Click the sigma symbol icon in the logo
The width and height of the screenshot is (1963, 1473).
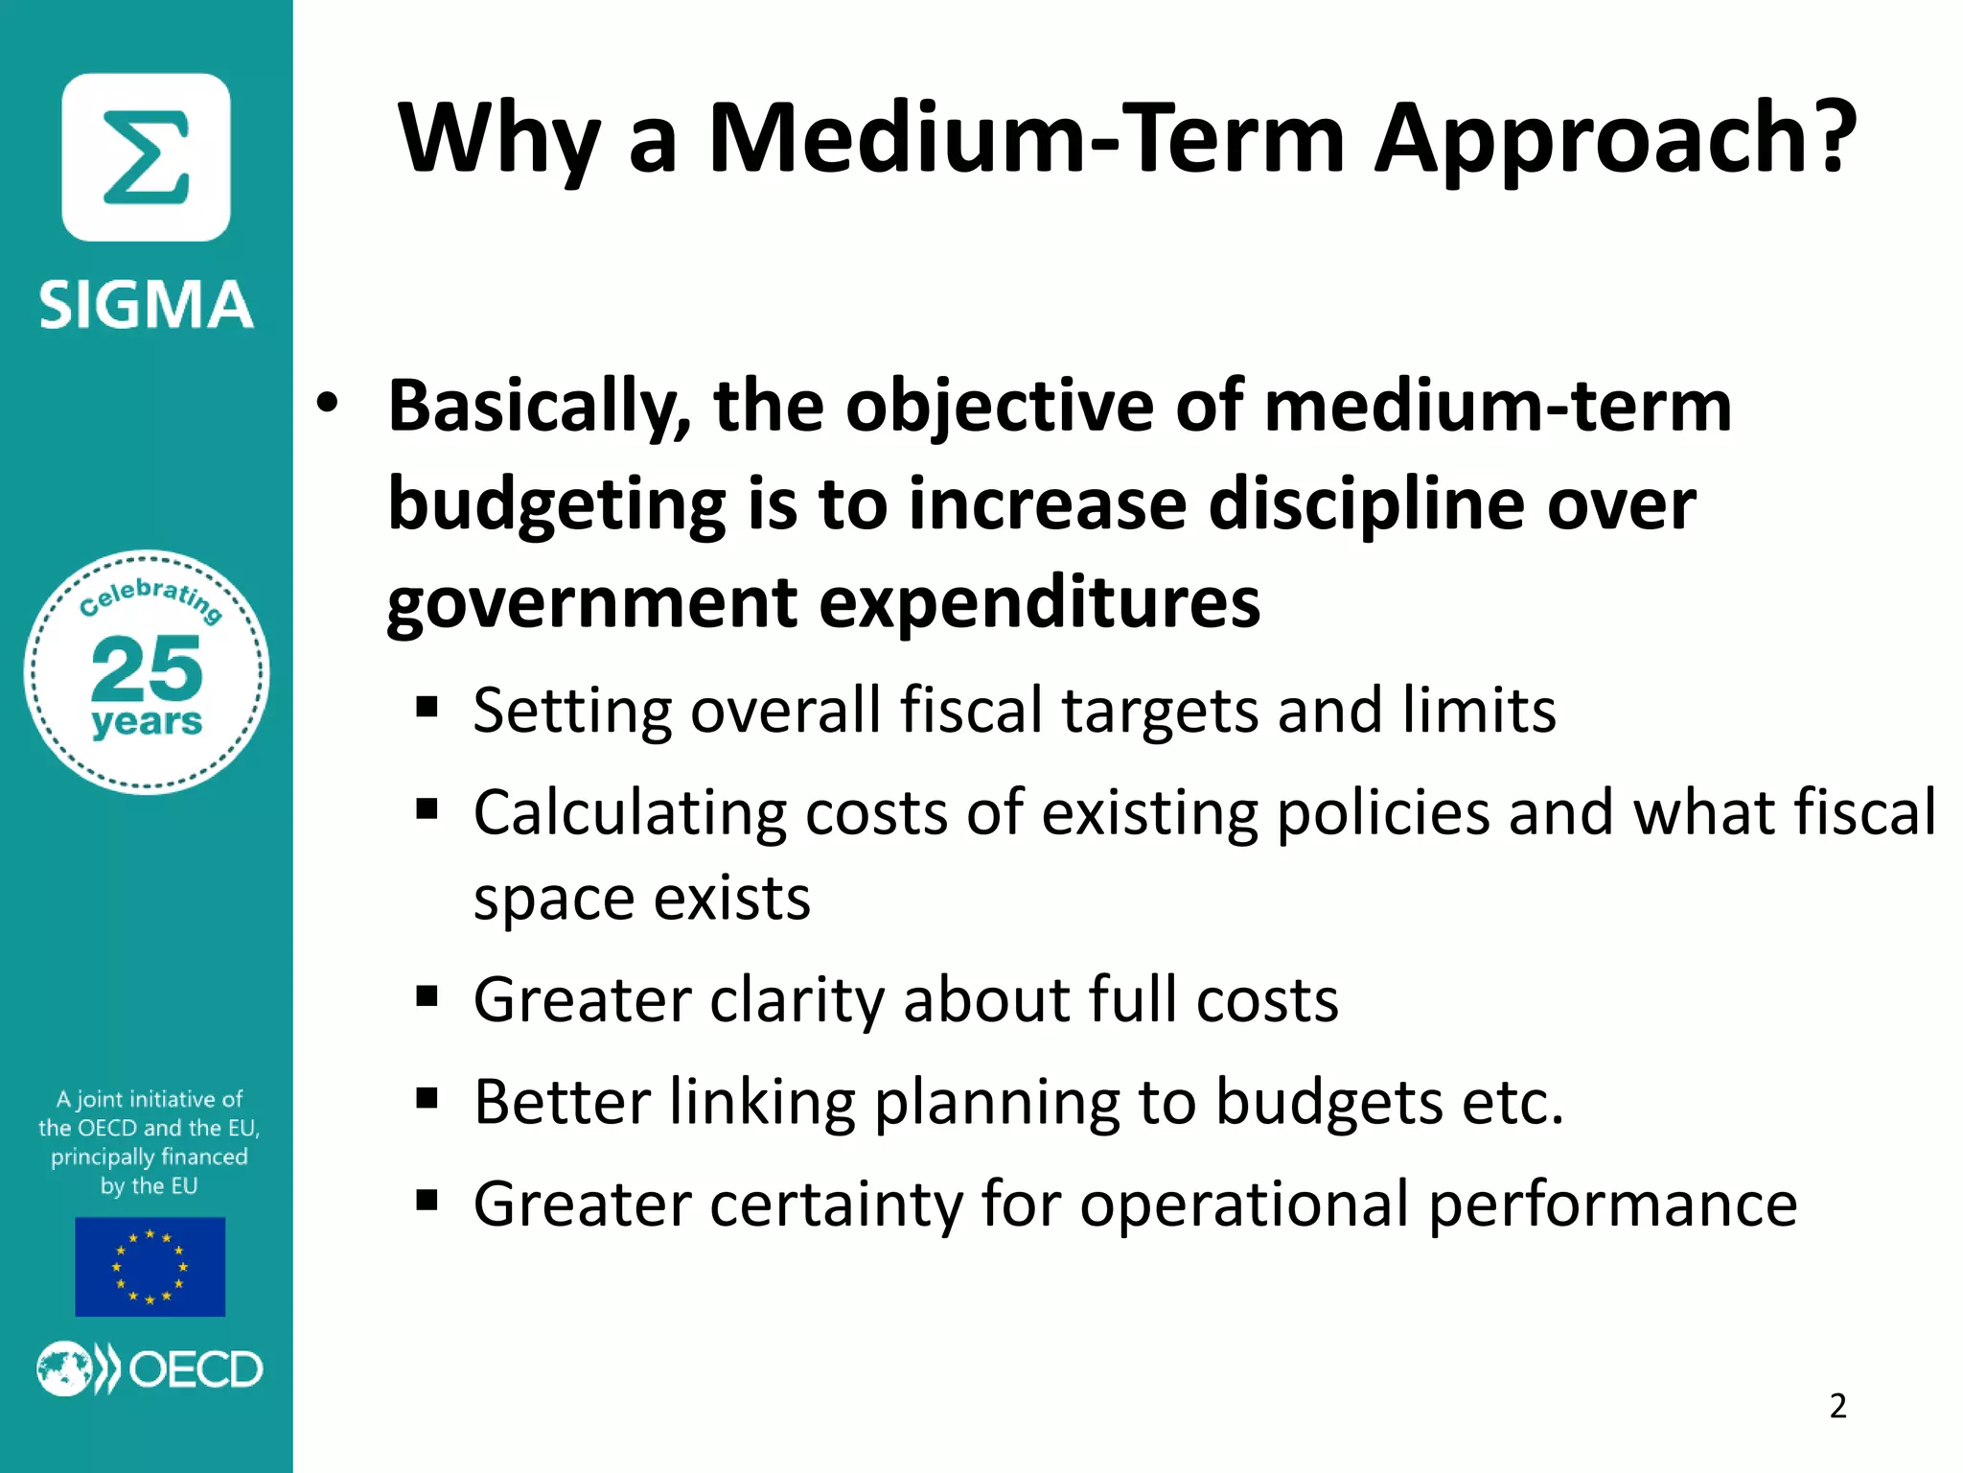(x=146, y=157)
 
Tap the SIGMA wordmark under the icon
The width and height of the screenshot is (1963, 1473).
(x=146, y=306)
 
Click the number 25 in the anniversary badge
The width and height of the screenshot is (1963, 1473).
(x=147, y=668)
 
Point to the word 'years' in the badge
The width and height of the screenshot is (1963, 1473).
(x=147, y=721)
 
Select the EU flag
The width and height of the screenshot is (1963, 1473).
(x=150, y=1266)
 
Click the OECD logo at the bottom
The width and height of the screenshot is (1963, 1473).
(x=150, y=1368)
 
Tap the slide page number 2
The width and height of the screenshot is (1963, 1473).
(x=1837, y=1406)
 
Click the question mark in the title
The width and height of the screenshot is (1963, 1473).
(x=1827, y=138)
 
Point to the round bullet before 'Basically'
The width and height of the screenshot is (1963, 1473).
(x=328, y=404)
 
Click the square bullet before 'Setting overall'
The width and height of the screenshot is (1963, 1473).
(x=427, y=709)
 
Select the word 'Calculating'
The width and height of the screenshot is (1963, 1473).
(x=629, y=813)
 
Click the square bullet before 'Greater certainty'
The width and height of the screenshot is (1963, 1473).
(x=427, y=1201)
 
